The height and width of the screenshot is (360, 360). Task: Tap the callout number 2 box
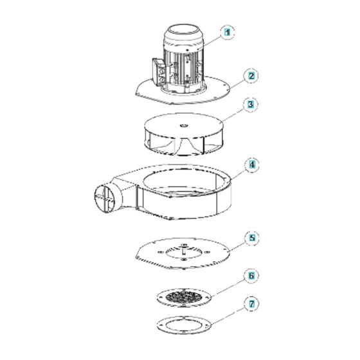pyautogui.click(x=252, y=75)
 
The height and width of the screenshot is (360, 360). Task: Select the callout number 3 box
pyautogui.click(x=252, y=104)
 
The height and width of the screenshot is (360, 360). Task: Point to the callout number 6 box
pyautogui.click(x=252, y=276)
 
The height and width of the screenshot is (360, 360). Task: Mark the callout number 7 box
pyautogui.click(x=252, y=302)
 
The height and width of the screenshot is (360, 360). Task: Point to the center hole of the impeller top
pyautogui.click(x=183, y=125)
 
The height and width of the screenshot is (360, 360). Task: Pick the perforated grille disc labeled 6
pyautogui.click(x=184, y=297)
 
